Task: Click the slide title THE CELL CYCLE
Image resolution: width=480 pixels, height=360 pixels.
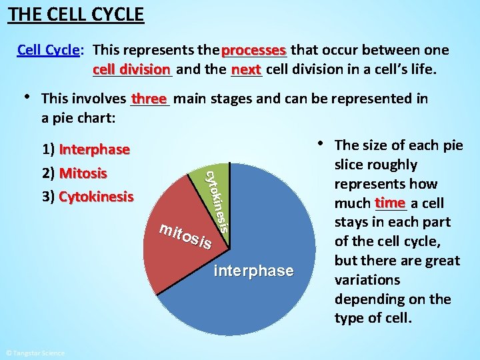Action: [75, 14]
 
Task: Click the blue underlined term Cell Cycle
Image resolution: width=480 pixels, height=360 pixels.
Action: [49, 51]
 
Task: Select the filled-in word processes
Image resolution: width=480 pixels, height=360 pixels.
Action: [254, 51]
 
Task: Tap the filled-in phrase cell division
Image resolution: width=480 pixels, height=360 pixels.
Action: [131, 69]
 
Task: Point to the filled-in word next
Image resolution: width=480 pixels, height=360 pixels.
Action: [247, 69]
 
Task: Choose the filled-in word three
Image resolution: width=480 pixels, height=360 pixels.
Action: [149, 99]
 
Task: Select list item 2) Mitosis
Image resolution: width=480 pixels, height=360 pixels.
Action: [74, 173]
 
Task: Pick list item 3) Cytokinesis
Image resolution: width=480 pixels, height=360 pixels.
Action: [87, 197]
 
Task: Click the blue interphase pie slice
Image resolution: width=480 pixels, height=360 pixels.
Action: [267, 220]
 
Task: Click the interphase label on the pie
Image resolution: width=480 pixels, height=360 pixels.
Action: [253, 271]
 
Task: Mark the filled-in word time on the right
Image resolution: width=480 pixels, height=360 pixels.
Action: [390, 203]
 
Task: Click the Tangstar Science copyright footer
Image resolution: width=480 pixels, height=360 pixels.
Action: [35, 353]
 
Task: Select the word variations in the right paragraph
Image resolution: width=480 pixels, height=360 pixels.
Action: [368, 280]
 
